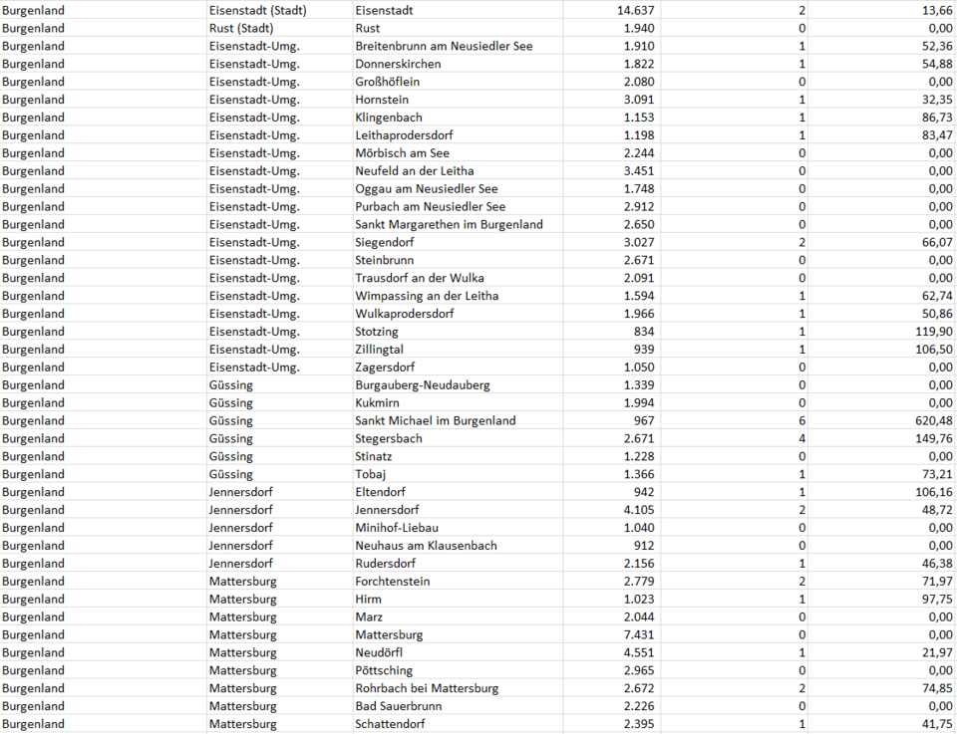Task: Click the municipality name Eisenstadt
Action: click(385, 10)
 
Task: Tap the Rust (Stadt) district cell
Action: click(241, 28)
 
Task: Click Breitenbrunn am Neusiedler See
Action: click(444, 46)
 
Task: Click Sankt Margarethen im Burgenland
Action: click(449, 224)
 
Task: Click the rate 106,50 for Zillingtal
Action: click(930, 350)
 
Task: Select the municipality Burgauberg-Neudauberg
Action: click(423, 385)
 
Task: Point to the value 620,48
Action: click(930, 421)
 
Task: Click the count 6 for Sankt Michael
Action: click(802, 421)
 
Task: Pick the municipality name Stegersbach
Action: click(389, 439)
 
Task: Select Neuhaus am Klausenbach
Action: click(426, 546)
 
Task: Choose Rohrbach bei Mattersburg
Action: click(427, 688)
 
